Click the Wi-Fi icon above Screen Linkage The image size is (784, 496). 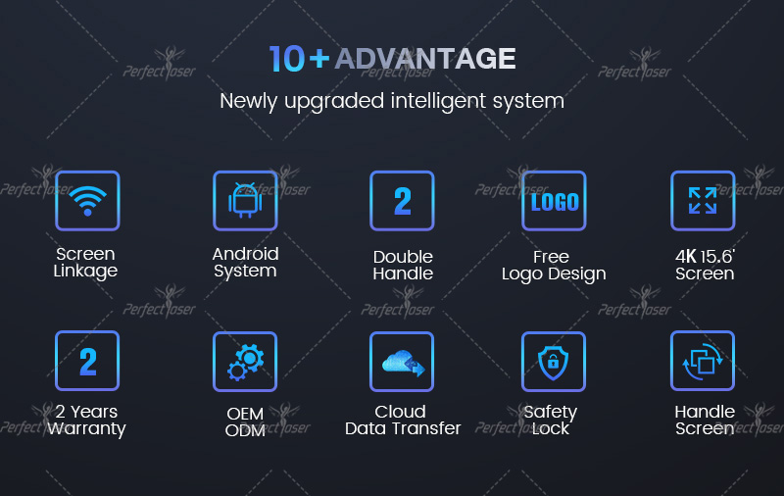87,201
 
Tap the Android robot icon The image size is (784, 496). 245,201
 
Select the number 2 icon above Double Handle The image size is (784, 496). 402,201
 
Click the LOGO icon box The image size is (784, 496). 554,201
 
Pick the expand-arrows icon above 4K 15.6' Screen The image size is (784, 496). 703,201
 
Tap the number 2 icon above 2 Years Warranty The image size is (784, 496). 87,361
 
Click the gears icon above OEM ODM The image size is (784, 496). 245,361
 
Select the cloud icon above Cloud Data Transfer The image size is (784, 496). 402,361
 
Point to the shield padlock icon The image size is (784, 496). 554,361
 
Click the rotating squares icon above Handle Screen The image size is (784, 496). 703,361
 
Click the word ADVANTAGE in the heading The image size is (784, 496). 425,59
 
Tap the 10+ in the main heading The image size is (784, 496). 299,59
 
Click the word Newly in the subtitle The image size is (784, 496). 248,102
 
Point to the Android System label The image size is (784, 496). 245,263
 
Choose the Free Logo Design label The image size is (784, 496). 554,266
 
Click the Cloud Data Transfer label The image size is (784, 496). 403,420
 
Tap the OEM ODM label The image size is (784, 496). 245,422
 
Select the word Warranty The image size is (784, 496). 86,429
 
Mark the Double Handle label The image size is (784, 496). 403,265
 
